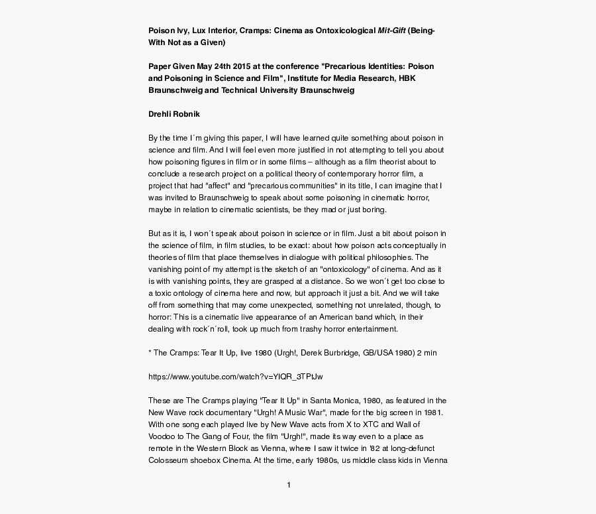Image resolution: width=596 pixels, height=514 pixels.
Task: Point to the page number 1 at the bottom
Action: pyautogui.click(x=289, y=485)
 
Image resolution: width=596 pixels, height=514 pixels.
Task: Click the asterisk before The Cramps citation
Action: pyautogui.click(x=149, y=353)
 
